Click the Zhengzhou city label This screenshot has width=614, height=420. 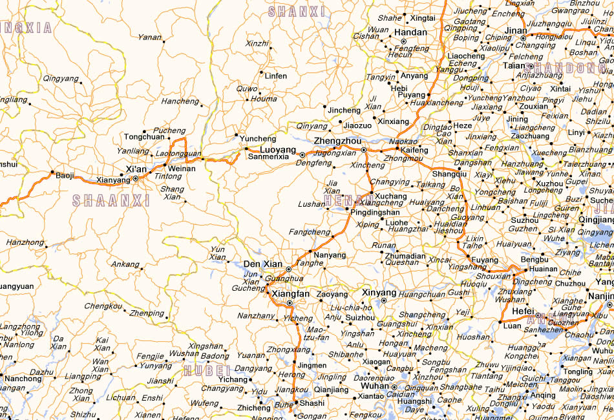(337, 141)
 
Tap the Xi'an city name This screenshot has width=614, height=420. (136, 169)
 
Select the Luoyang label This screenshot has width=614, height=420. (278, 150)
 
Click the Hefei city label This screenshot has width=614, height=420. (523, 311)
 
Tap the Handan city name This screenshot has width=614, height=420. (410, 32)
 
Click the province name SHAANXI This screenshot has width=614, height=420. (111, 201)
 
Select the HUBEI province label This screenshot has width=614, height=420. (207, 370)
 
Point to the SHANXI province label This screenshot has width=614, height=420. (296, 12)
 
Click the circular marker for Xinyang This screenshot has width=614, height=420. (384, 300)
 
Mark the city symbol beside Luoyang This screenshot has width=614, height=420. (302, 155)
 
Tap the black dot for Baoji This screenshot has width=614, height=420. (52, 172)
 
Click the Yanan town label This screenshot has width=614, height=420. (150, 37)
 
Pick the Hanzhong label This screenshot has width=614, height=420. (25, 242)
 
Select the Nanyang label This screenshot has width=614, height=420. (330, 255)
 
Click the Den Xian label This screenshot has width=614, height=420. (262, 264)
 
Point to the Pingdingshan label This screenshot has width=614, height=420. (376, 212)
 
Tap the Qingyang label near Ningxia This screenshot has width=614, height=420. (60, 78)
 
